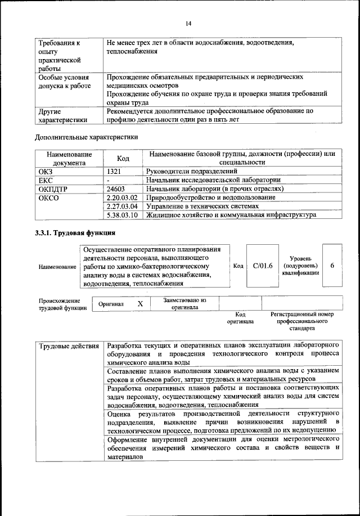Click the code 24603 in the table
(116, 189)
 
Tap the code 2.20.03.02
(122, 198)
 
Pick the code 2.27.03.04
(122, 206)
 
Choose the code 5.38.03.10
(122, 215)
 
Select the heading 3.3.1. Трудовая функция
(75, 232)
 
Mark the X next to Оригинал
(141, 303)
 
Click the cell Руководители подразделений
(191, 171)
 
